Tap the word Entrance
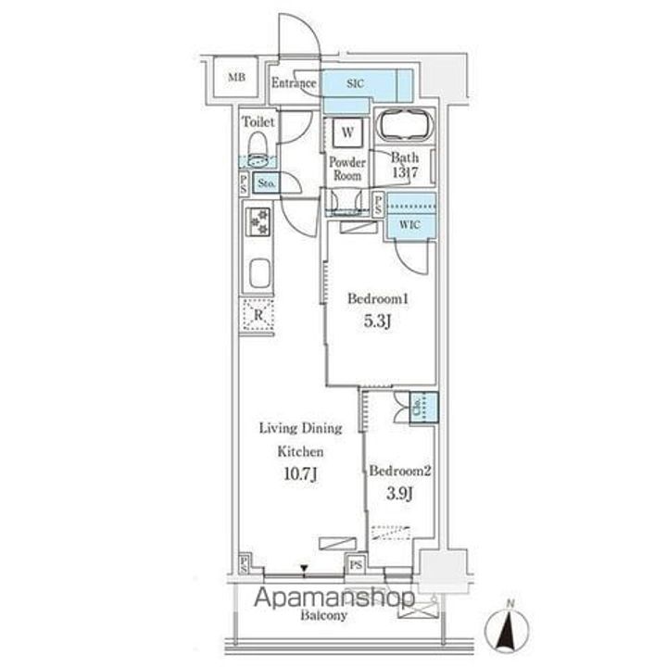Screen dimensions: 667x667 point(294,83)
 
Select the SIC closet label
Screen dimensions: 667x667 point(355,83)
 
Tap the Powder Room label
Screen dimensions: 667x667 point(347,168)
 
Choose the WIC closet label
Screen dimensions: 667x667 point(409,225)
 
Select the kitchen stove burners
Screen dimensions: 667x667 point(258,222)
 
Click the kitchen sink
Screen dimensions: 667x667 point(259,275)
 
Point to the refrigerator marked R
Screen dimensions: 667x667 point(258,315)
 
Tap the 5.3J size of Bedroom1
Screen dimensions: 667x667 point(377,322)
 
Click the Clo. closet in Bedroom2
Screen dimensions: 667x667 point(419,405)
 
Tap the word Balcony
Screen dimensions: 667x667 point(323,615)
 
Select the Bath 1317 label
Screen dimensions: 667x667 point(405,164)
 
